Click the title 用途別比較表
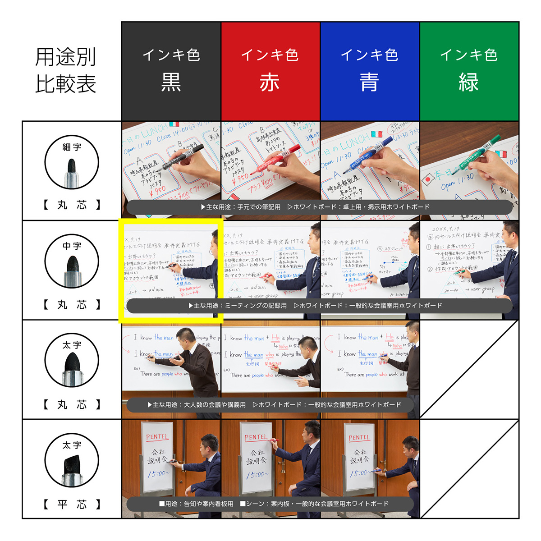66,71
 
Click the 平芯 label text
72,504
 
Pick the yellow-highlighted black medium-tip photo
171,270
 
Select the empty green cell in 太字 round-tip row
469,370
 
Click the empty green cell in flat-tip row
469,469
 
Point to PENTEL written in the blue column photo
359,438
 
